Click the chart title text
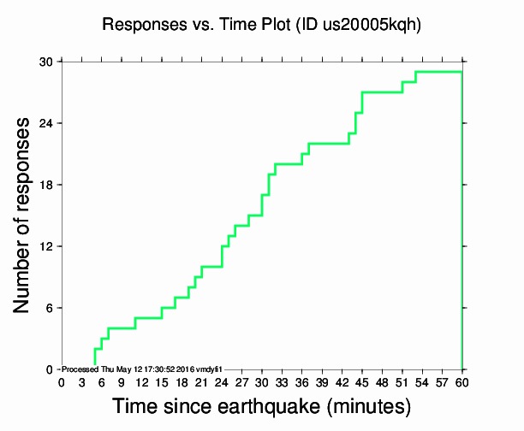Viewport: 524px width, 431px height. click(x=261, y=25)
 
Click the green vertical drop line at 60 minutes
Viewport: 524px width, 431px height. click(x=462, y=222)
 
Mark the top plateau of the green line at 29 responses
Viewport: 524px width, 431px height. click(x=438, y=72)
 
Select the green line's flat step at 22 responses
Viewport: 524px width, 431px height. click(x=328, y=144)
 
